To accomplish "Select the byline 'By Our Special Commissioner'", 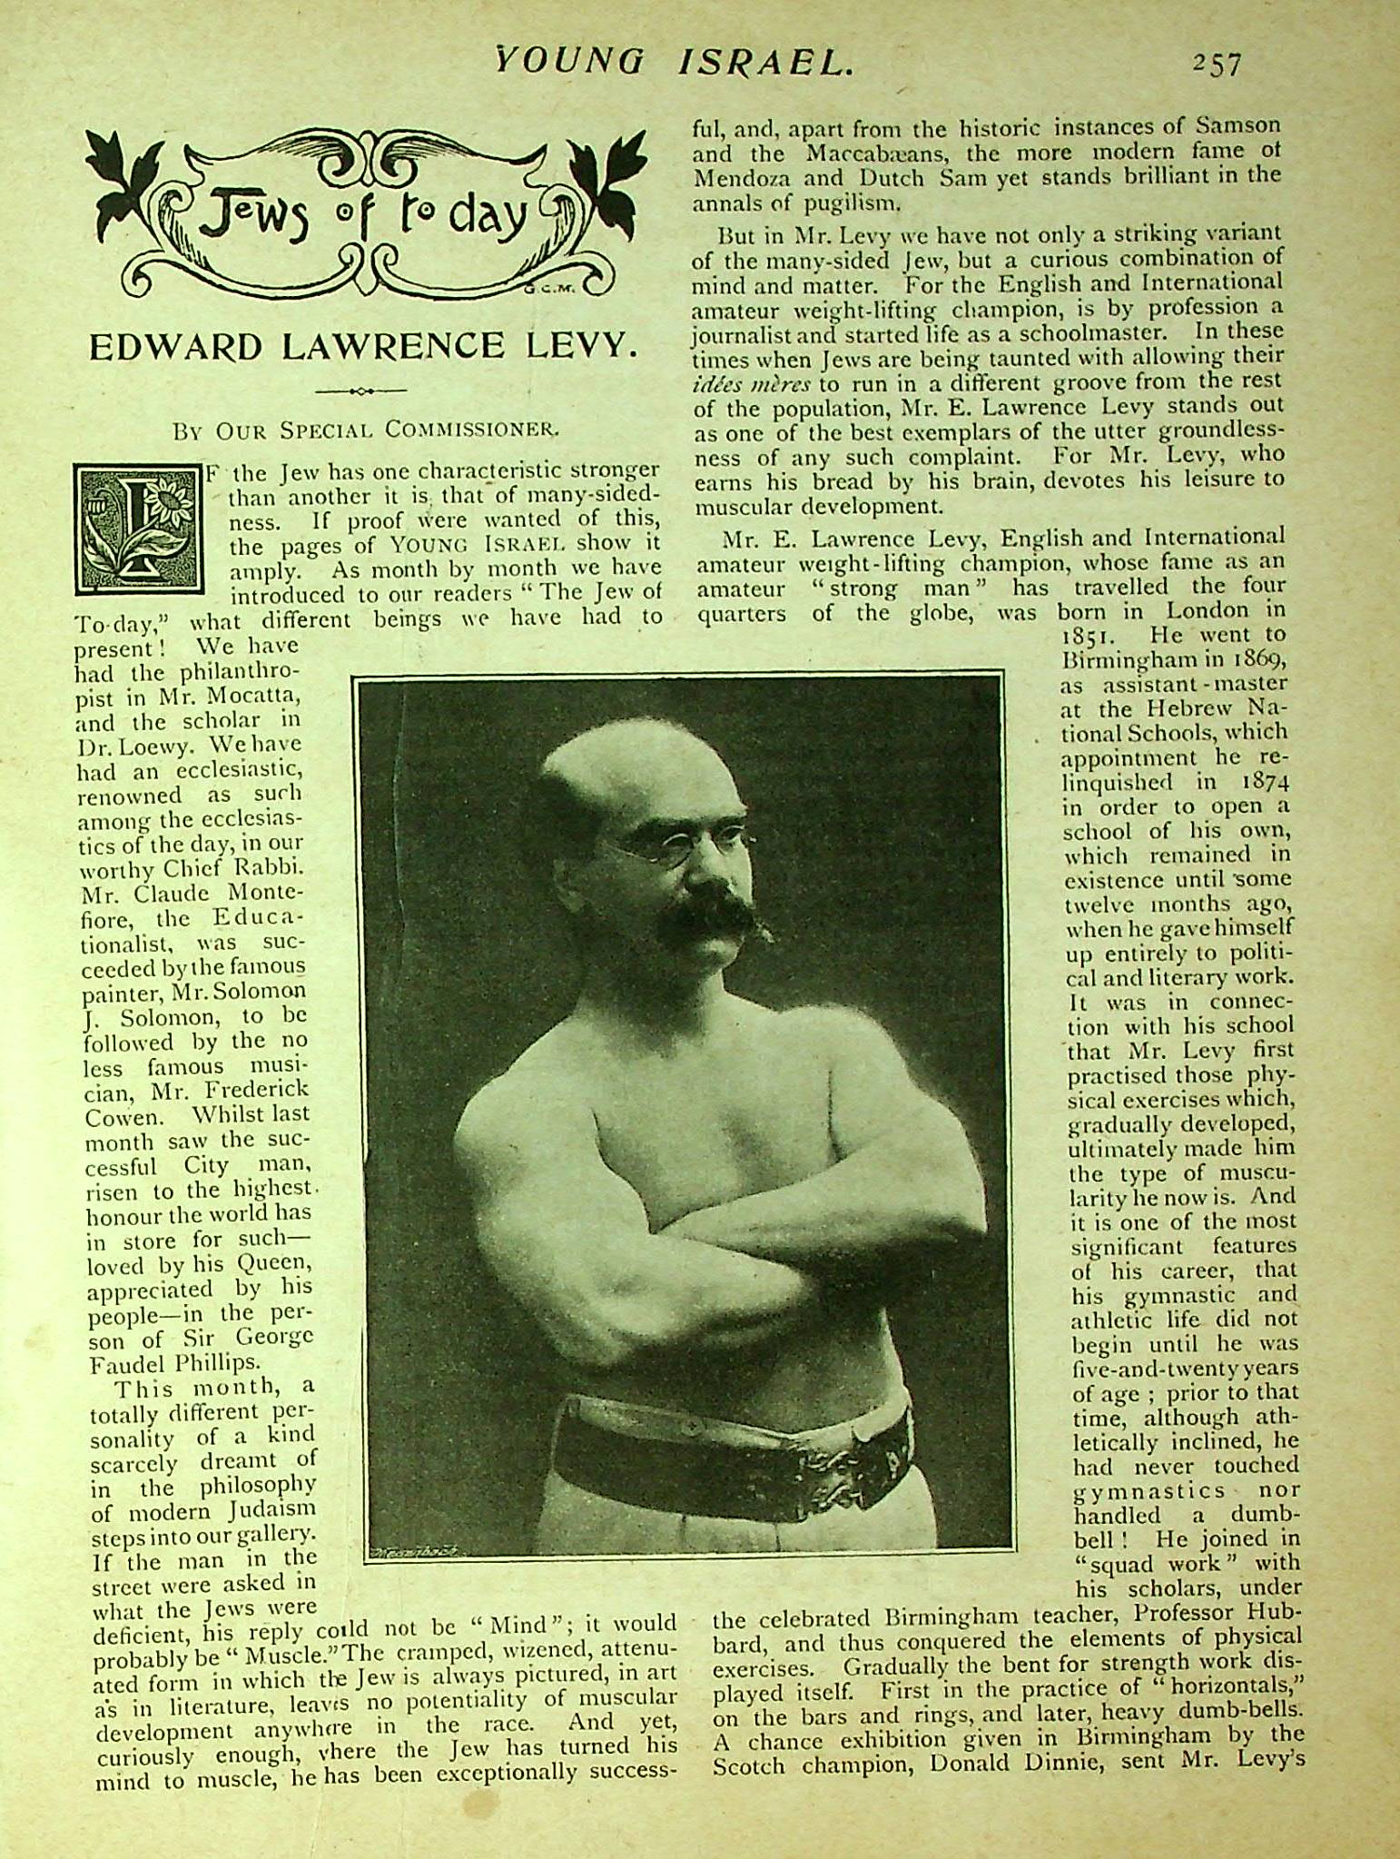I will click(x=367, y=429).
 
